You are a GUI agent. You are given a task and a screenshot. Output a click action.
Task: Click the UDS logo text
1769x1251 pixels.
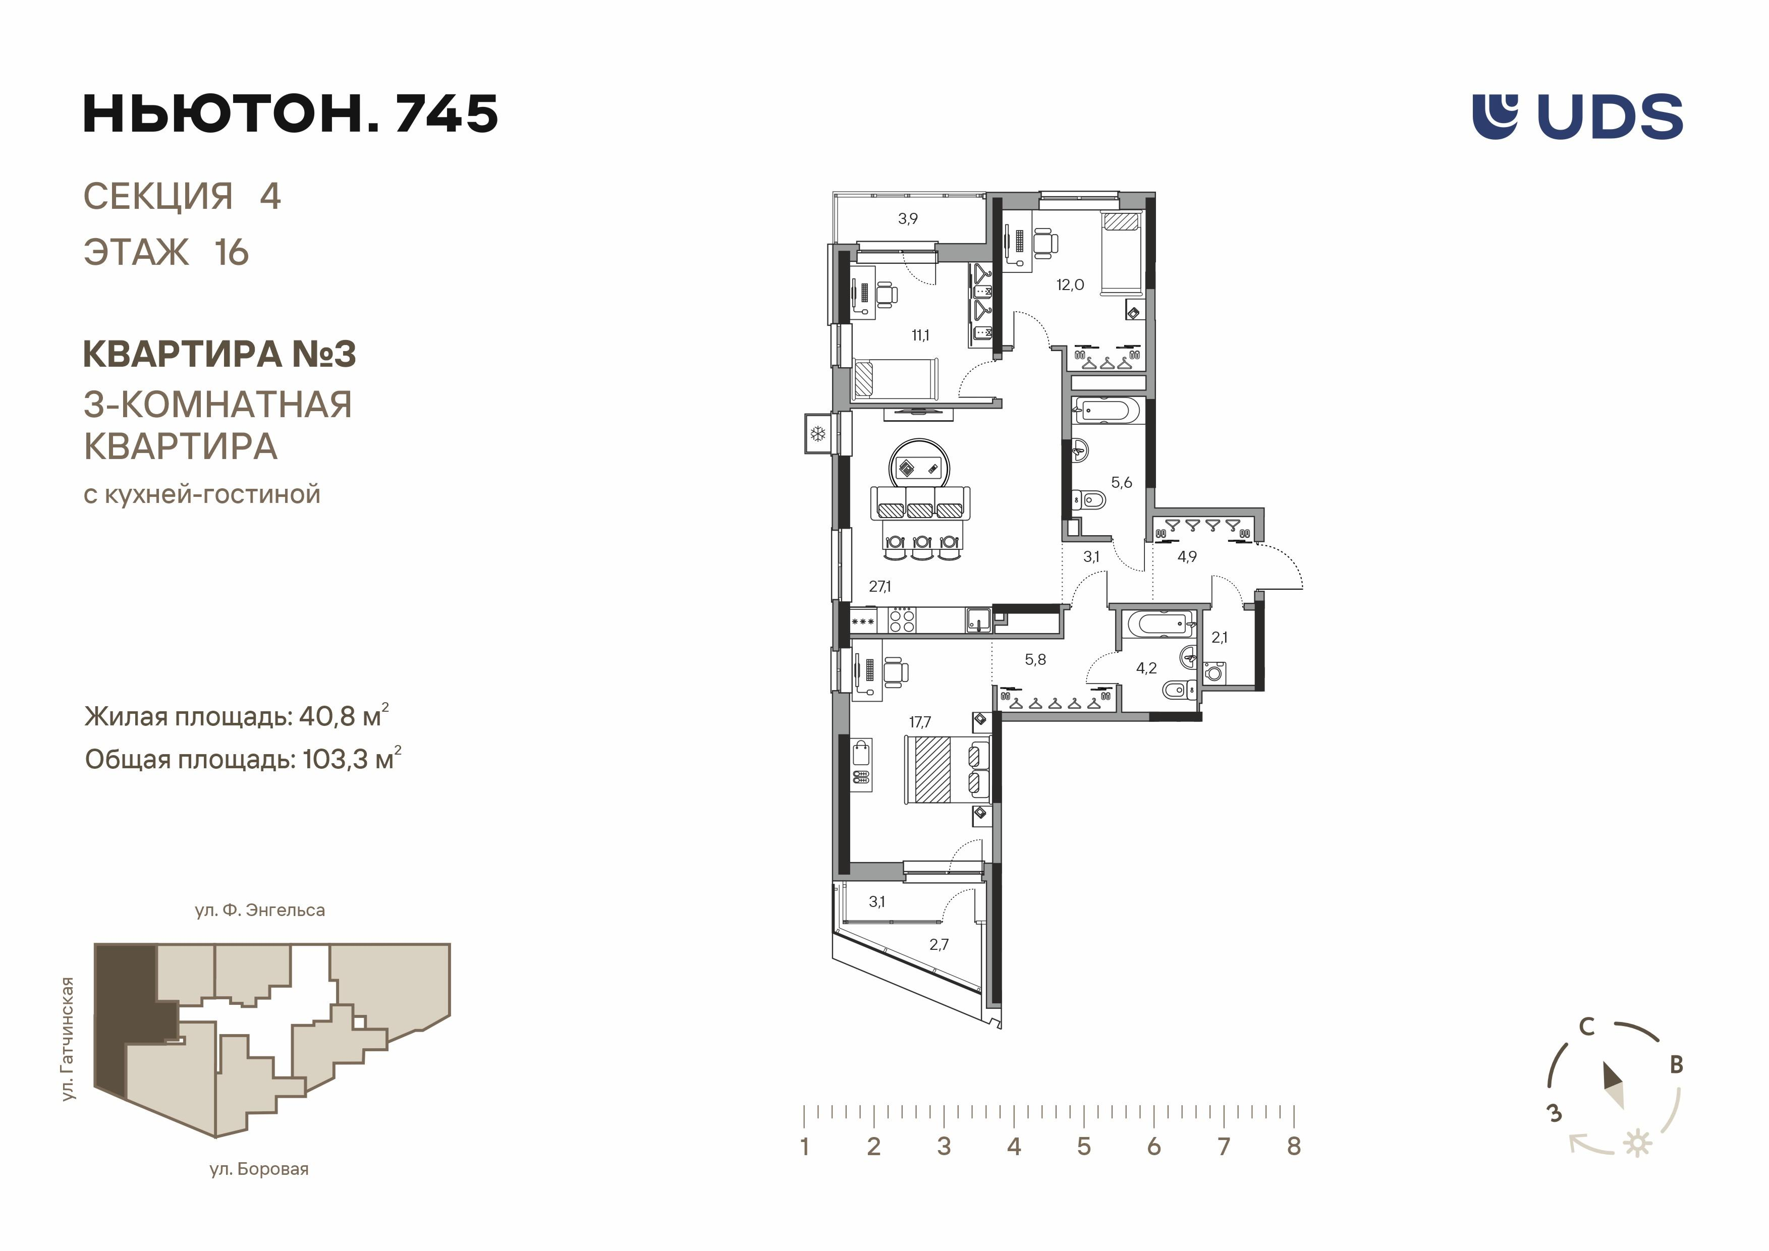pyautogui.click(x=1610, y=117)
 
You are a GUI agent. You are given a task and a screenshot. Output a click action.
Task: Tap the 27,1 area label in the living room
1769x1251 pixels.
pyautogui.click(x=880, y=586)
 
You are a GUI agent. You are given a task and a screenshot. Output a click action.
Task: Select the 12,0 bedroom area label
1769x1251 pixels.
pyautogui.click(x=1069, y=285)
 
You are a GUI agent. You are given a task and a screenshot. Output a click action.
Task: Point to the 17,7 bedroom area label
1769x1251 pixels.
pyautogui.click(x=920, y=722)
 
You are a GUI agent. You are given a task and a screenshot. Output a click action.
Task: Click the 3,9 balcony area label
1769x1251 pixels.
pyautogui.click(x=908, y=219)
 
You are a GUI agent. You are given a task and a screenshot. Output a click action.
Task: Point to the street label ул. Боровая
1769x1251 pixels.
pyautogui.click(x=259, y=1169)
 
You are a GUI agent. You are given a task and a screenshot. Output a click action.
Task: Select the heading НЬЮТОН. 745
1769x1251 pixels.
pyautogui.click(x=291, y=114)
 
